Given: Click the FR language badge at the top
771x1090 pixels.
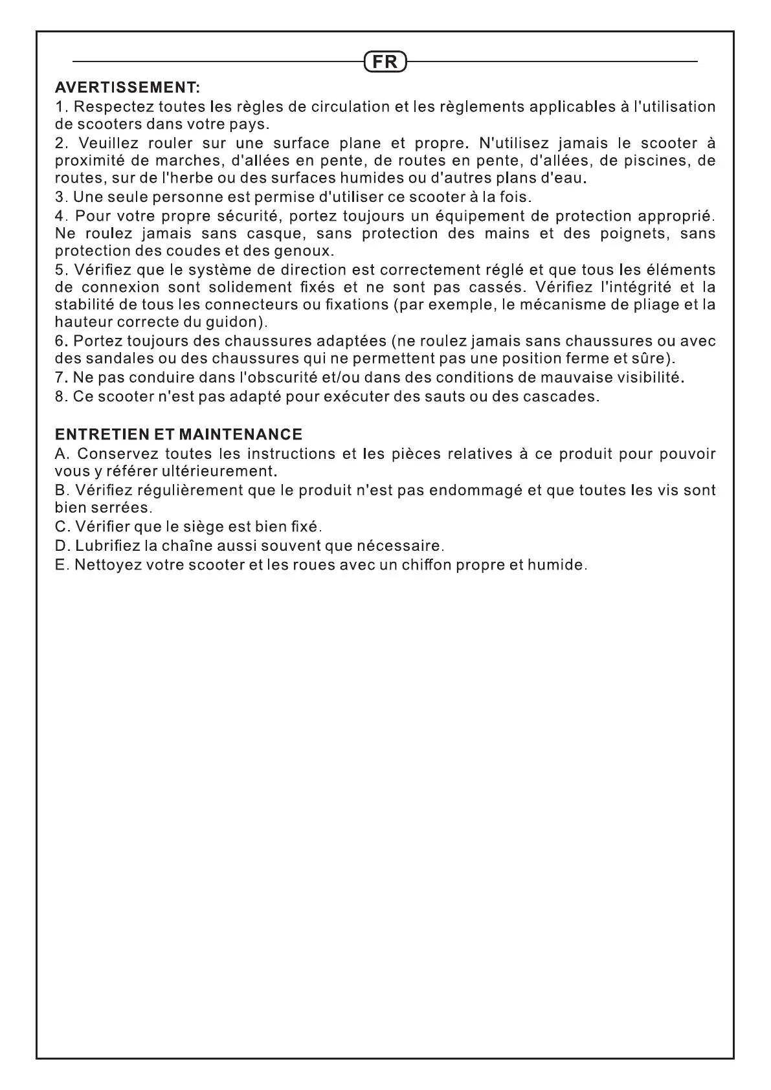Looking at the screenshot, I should [385, 62].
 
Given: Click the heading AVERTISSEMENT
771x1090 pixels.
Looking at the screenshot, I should [128, 87].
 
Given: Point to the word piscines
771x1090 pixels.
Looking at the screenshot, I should [643, 160].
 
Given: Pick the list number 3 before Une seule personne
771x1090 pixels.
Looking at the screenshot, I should [60, 196].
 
